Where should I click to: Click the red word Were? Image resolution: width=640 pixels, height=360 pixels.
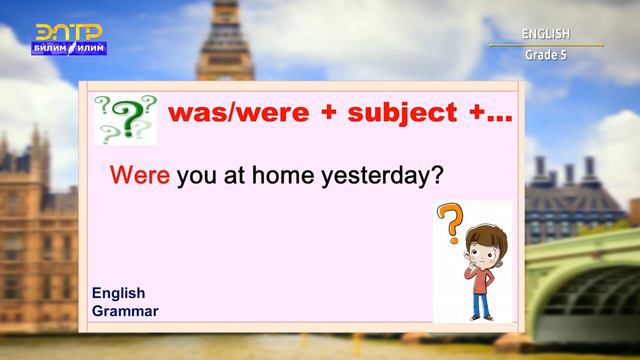[141, 176]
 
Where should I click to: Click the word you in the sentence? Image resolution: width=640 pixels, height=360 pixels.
[196, 177]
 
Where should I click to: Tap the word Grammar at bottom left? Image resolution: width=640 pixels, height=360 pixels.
[125, 311]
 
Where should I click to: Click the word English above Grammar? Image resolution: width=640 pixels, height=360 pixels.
[119, 293]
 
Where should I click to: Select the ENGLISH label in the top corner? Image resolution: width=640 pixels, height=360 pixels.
[545, 34]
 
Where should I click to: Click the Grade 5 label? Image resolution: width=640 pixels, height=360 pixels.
[546, 54]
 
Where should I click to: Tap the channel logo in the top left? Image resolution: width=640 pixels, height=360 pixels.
[70, 39]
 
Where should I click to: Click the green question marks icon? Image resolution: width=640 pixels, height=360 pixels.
[126, 118]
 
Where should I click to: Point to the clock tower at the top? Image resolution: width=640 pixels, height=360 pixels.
[225, 40]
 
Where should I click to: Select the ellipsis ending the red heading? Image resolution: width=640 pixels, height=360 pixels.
[497, 114]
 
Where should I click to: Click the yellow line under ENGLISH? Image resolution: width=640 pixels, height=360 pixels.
[546, 45]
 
